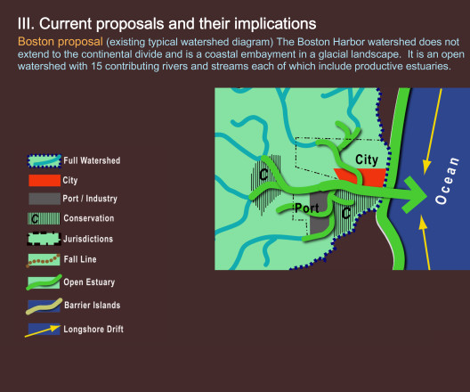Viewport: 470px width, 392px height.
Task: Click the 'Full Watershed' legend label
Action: [92, 160]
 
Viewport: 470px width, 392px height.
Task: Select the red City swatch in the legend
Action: [45, 181]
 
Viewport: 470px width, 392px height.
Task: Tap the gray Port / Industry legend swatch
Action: [45, 199]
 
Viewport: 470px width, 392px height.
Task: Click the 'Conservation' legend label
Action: [89, 218]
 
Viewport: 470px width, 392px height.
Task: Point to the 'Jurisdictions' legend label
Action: [88, 239]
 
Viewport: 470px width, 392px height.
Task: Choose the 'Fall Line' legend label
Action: [80, 259]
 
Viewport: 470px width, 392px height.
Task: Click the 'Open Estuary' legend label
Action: [89, 282]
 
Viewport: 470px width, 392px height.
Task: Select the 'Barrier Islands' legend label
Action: [93, 305]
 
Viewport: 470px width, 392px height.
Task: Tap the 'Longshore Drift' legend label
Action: [93, 329]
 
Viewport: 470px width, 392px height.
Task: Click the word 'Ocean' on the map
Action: [447, 181]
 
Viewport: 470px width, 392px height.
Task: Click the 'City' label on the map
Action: [367, 159]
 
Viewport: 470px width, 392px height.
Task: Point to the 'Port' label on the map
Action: [306, 208]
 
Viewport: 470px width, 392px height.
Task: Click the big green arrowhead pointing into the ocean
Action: [415, 195]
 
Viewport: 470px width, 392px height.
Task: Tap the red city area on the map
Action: [373, 177]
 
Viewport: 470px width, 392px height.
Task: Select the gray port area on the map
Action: [320, 213]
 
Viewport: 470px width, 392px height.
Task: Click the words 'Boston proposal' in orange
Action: [61, 42]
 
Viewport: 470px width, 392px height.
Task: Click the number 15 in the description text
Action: [96, 66]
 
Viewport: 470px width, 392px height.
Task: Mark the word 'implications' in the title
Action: [275, 24]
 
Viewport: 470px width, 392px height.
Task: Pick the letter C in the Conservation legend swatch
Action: [35, 219]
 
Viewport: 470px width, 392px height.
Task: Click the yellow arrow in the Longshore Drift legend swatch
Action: [43, 331]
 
